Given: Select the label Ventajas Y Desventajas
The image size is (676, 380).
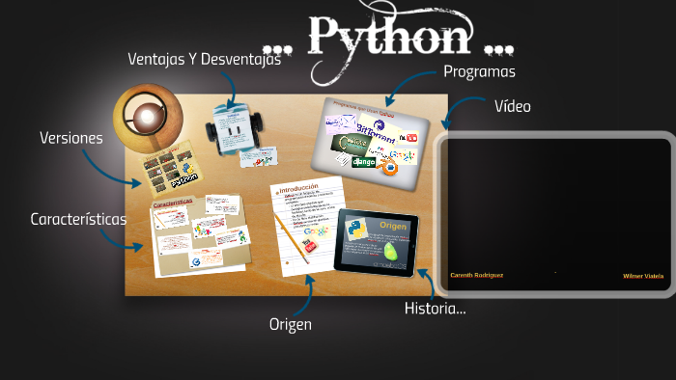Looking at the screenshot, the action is [x=204, y=60].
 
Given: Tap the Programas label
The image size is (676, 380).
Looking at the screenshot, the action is [x=479, y=71].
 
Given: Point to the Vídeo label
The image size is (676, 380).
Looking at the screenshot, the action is [x=512, y=106].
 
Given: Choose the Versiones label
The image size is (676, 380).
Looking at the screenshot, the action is [x=70, y=138].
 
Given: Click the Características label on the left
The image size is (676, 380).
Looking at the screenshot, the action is [x=78, y=219].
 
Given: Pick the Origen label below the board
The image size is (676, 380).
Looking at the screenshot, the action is [x=290, y=324].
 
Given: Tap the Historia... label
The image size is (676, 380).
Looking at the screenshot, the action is [x=435, y=309].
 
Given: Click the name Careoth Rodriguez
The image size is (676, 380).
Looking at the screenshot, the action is [x=477, y=275].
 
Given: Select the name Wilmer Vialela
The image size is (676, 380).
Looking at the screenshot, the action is [x=643, y=276].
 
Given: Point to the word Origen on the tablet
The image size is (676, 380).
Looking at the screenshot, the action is [x=393, y=225].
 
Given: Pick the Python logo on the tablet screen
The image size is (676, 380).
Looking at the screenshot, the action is [x=358, y=230].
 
